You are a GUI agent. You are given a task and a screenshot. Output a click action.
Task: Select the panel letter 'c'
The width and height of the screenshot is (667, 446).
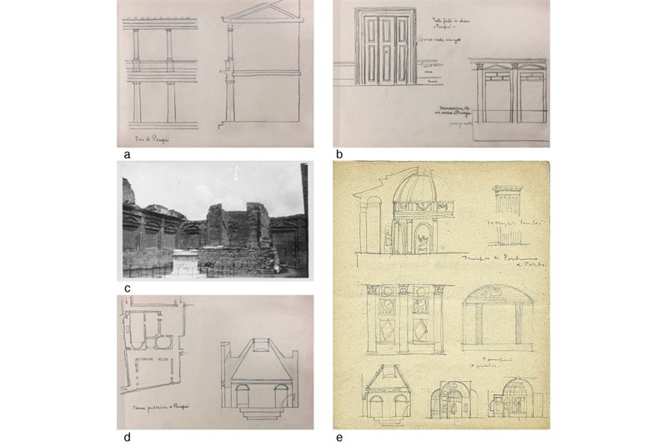tap(127, 288)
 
